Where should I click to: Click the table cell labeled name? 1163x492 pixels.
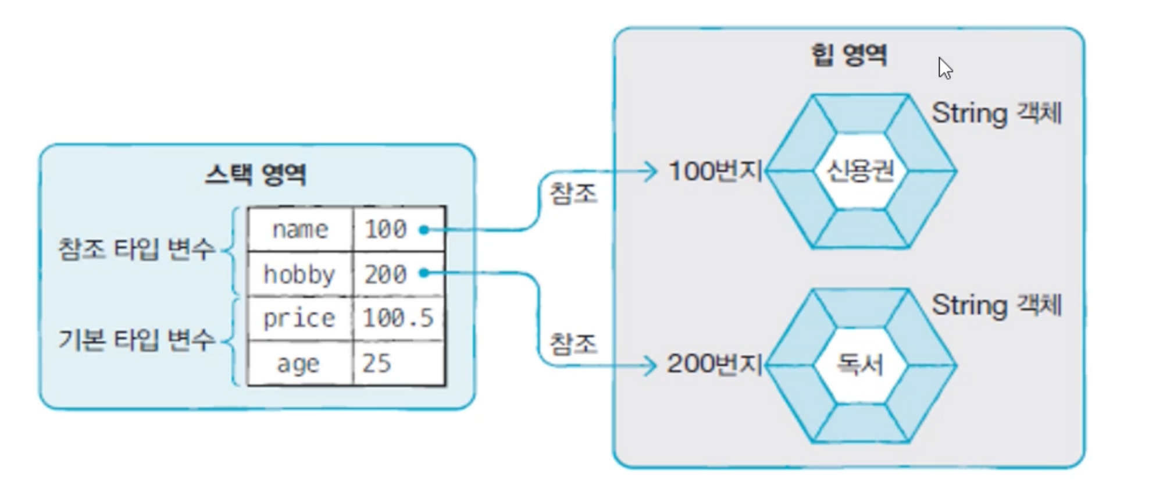[300, 230]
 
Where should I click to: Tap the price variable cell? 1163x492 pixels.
[299, 318]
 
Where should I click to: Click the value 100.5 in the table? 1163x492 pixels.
[398, 318]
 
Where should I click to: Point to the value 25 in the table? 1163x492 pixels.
[377, 363]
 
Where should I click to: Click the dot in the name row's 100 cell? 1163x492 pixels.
[424, 230]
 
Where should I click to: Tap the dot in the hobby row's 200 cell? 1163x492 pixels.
[424, 273]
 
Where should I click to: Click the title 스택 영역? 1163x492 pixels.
[255, 174]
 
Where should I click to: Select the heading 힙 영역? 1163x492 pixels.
[849, 55]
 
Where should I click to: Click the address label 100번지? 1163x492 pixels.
[715, 171]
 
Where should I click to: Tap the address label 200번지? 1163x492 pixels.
[714, 364]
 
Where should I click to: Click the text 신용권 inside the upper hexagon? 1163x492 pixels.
[860, 171]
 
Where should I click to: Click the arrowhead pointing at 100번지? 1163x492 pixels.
[651, 171]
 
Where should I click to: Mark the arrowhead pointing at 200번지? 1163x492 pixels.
[651, 365]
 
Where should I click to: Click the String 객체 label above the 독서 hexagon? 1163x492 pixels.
[997, 305]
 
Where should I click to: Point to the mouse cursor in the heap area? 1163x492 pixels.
[944, 67]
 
